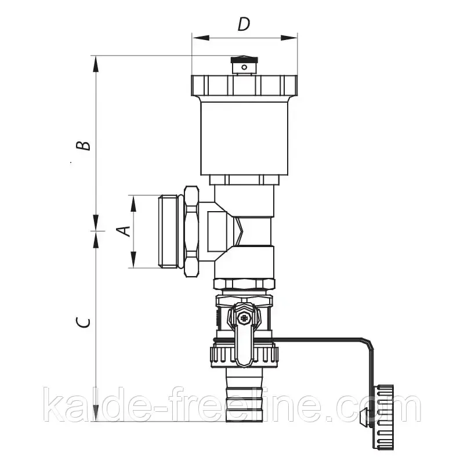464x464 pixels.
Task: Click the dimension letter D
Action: pos(244,24)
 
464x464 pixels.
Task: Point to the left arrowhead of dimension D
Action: pos(201,38)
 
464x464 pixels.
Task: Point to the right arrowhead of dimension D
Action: pos(289,38)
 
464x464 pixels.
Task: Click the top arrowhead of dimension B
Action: pos(96,64)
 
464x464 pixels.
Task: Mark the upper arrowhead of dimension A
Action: pos(133,204)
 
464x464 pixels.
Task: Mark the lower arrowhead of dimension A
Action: pos(133,259)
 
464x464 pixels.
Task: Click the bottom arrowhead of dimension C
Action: pos(96,412)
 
